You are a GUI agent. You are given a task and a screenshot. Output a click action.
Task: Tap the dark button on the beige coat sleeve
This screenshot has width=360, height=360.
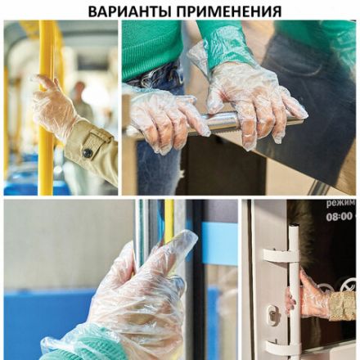click(87, 152)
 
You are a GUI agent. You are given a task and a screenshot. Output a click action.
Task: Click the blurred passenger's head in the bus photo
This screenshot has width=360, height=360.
click(79, 89)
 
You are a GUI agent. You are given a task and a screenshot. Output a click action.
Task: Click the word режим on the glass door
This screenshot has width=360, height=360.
click(340, 204)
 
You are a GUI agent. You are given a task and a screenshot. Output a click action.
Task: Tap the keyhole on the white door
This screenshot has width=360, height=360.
click(271, 313)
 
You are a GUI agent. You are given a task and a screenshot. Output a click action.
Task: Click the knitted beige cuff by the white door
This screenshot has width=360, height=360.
click(342, 304)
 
